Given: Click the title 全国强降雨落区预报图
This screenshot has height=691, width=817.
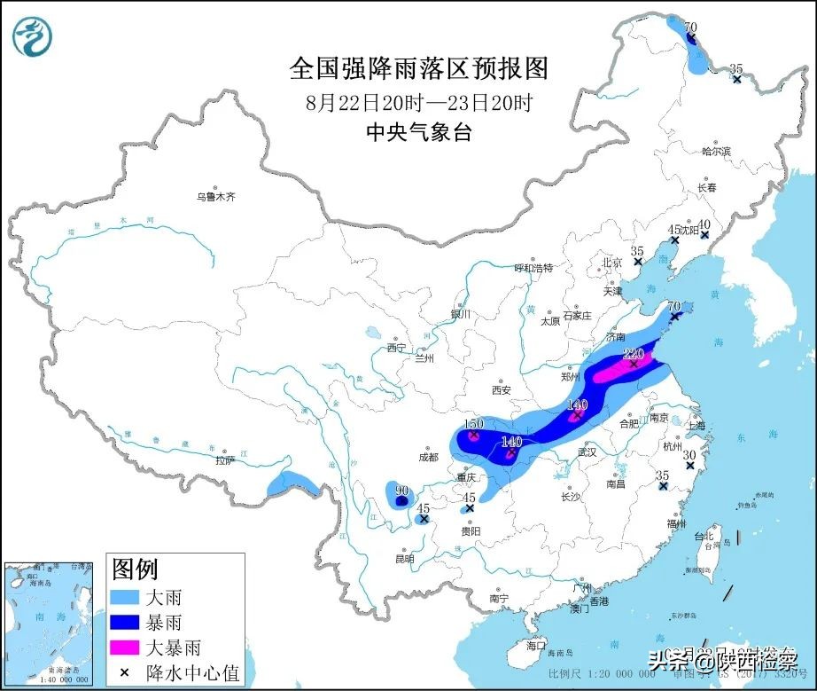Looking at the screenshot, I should click(419, 68).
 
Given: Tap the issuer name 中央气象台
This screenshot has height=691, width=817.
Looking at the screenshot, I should click(419, 132).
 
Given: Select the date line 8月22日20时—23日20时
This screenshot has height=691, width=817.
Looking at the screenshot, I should click(419, 101).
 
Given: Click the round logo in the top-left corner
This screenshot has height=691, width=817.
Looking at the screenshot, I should click(32, 36).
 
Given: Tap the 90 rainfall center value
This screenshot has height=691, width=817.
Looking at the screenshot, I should click(401, 491).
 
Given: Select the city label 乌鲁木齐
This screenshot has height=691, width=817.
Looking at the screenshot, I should click(217, 197).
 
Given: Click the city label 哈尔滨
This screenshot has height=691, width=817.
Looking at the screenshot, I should click(715, 152).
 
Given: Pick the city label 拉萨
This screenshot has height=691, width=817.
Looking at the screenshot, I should click(225, 460).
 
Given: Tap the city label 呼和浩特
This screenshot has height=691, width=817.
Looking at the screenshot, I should click(533, 267).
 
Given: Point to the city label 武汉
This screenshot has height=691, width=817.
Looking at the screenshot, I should click(587, 452).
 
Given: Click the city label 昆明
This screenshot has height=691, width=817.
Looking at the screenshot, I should click(404, 559).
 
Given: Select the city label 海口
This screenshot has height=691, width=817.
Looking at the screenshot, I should click(536, 645).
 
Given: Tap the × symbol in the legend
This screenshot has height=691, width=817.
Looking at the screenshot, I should click(124, 673).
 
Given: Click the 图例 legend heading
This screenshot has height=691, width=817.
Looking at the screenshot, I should click(134, 569).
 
